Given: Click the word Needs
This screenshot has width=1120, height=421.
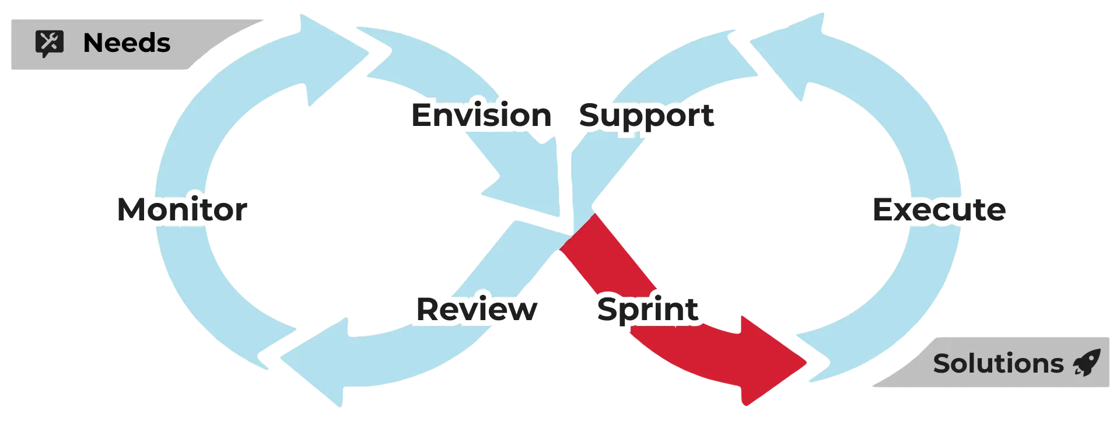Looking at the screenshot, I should pyautogui.click(x=127, y=43).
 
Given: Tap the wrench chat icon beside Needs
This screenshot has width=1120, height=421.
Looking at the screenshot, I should pyautogui.click(x=50, y=44).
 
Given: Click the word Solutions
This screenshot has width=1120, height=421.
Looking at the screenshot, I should pyautogui.click(x=998, y=364).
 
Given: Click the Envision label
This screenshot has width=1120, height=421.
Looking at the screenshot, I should pyautogui.click(x=481, y=115).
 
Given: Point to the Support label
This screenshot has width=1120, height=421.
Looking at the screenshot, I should pyautogui.click(x=646, y=115).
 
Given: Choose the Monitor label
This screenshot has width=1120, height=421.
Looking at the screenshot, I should pyautogui.click(x=182, y=209).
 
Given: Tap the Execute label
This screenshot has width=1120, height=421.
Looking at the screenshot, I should pyautogui.click(x=939, y=209).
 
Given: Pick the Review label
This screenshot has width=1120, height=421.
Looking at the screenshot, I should pyautogui.click(x=477, y=308).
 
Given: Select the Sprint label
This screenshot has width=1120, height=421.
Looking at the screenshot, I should pyautogui.click(x=647, y=308).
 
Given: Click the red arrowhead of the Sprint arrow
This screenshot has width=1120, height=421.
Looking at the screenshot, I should pyautogui.click(x=770, y=362).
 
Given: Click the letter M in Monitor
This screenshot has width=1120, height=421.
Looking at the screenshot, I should pyautogui.click(x=133, y=209).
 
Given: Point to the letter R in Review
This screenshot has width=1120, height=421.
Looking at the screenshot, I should pyautogui.click(x=429, y=308).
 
